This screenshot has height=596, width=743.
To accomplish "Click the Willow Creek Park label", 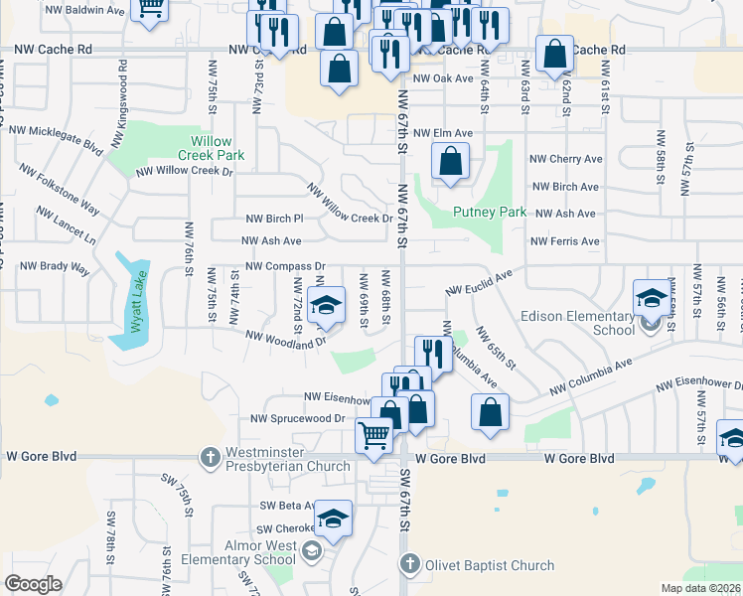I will [x=211, y=149].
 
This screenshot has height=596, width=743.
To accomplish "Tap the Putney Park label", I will [x=489, y=212].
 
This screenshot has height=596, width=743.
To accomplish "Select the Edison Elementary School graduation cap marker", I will [x=652, y=297].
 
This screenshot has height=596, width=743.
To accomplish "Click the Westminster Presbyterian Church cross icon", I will [x=210, y=458].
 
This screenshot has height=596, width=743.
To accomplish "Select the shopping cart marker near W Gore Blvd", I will [x=374, y=434].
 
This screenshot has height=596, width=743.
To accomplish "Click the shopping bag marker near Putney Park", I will [x=450, y=160].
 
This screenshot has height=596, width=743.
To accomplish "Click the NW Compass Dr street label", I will [x=286, y=266].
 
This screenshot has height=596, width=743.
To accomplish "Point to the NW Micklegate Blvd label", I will [x=56, y=138].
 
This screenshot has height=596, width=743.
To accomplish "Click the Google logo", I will [x=34, y=584].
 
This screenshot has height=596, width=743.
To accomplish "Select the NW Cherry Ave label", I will [x=565, y=159].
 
